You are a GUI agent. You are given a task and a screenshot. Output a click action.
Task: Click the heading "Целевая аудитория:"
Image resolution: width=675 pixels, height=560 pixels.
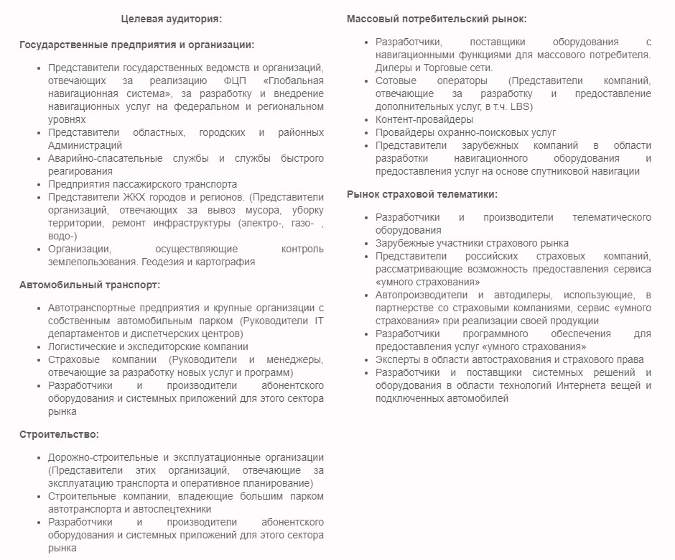[171, 18]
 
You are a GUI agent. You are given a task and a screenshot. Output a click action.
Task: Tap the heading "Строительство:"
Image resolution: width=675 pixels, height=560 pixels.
[59, 434]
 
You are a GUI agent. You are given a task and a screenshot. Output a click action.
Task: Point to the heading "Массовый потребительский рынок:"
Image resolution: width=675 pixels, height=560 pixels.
[437, 18]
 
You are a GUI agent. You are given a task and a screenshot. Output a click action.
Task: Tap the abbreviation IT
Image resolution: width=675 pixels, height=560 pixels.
[319, 321]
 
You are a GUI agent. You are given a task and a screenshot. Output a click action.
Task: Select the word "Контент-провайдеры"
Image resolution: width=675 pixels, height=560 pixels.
[424, 119]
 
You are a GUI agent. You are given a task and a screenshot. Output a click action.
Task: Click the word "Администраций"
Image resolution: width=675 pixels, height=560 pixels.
[85, 145]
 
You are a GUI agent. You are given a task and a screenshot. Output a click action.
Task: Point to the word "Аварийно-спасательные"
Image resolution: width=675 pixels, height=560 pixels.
[102, 158]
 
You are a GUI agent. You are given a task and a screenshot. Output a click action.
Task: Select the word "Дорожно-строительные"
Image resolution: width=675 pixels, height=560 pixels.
[102, 457]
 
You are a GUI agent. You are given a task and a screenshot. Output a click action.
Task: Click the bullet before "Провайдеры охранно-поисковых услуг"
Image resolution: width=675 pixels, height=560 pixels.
[366, 133]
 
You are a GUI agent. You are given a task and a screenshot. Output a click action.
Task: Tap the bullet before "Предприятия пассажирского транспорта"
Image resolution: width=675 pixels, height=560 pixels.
[39, 185]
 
